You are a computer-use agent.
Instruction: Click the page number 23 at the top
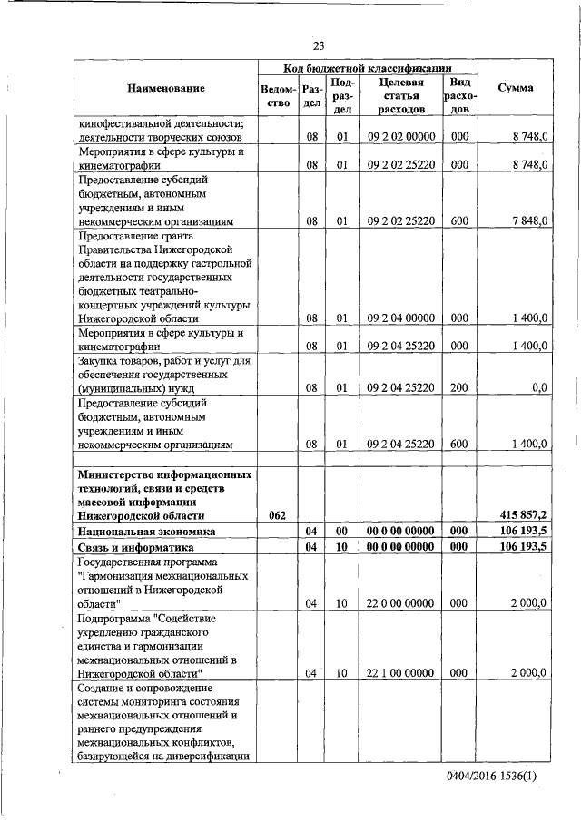[x=319, y=46]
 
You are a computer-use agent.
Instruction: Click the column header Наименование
[x=166, y=88]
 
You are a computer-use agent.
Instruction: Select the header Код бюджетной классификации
[x=368, y=68]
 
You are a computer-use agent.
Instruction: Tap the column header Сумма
[x=516, y=88]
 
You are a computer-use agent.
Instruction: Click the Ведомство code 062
[x=278, y=515]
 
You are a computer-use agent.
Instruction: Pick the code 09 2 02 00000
[x=401, y=137]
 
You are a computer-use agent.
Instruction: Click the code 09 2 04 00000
[x=401, y=318]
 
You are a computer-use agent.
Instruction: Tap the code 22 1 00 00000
[x=401, y=672]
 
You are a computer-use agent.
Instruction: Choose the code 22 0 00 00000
[x=401, y=602]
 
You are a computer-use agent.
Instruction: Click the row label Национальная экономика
[x=146, y=532]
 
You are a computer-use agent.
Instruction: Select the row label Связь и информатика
[x=136, y=548]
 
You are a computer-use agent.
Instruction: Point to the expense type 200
[x=459, y=387]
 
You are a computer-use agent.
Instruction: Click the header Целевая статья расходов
[x=400, y=95]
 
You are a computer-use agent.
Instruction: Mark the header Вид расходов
[x=459, y=95]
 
